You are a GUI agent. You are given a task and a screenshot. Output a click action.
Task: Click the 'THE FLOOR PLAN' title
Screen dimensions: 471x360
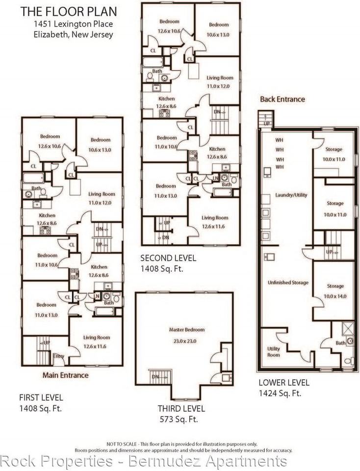click(60, 12)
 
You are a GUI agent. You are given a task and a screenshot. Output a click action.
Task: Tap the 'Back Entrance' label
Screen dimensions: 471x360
click(282, 99)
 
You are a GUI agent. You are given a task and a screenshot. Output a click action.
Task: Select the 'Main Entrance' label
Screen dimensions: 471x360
click(65, 375)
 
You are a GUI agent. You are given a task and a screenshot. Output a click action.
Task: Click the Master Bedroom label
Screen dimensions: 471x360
click(186, 330)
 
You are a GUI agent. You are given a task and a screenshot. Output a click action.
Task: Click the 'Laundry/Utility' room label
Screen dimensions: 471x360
click(291, 195)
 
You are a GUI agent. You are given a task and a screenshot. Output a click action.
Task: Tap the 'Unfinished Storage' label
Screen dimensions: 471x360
click(288, 283)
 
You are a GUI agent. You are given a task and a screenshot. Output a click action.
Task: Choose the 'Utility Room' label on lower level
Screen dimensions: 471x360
click(274, 351)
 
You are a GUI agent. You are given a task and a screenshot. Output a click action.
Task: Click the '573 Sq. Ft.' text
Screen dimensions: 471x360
click(179, 419)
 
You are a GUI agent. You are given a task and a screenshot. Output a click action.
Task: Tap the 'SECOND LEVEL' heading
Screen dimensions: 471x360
click(168, 258)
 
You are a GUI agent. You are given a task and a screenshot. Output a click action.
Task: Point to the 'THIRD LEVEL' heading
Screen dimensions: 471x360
click(181, 408)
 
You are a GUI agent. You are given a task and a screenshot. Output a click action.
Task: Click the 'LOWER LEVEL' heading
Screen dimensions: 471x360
click(283, 383)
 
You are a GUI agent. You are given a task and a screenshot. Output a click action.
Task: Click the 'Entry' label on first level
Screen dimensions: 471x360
click(58, 356)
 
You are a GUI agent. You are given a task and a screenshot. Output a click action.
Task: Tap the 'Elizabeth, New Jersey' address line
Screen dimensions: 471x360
click(74, 34)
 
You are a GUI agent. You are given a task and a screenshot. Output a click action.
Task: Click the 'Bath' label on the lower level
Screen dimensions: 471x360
click(340, 343)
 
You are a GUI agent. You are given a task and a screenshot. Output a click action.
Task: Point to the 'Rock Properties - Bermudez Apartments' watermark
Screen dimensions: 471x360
click(143, 461)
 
